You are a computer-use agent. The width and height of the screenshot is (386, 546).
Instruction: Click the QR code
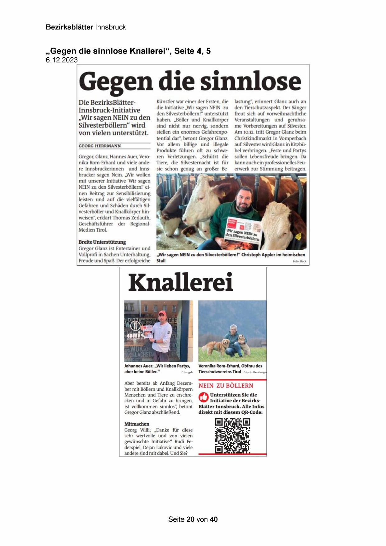pos(233,435)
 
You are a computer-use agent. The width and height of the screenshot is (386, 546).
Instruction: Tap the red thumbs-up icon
pos(203,397)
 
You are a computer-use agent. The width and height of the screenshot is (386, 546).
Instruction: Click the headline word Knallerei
pos(181,282)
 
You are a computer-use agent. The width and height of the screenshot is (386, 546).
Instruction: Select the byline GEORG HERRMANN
pos(100,146)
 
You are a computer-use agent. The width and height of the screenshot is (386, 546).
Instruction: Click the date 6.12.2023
pos(62,60)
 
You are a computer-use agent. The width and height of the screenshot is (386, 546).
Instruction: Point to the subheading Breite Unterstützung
pos(102,242)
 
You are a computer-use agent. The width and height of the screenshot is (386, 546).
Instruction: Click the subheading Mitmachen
pos(137,424)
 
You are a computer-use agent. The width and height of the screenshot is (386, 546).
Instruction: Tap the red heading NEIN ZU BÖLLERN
pos(226,386)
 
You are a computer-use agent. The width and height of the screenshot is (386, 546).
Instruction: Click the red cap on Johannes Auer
pos(162,313)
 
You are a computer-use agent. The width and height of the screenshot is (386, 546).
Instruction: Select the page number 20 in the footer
pos(191,519)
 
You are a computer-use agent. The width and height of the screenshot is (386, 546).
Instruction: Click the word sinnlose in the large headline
pos(250,81)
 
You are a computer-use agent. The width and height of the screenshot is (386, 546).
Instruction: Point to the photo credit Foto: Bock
pos(299,261)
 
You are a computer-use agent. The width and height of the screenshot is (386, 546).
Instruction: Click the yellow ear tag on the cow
pos(298,236)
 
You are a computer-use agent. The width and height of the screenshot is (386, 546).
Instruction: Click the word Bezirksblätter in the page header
pos(69,27)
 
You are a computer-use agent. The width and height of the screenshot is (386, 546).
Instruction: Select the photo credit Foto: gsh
pos(187,372)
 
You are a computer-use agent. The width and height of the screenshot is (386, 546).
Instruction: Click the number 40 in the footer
pos(214,519)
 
